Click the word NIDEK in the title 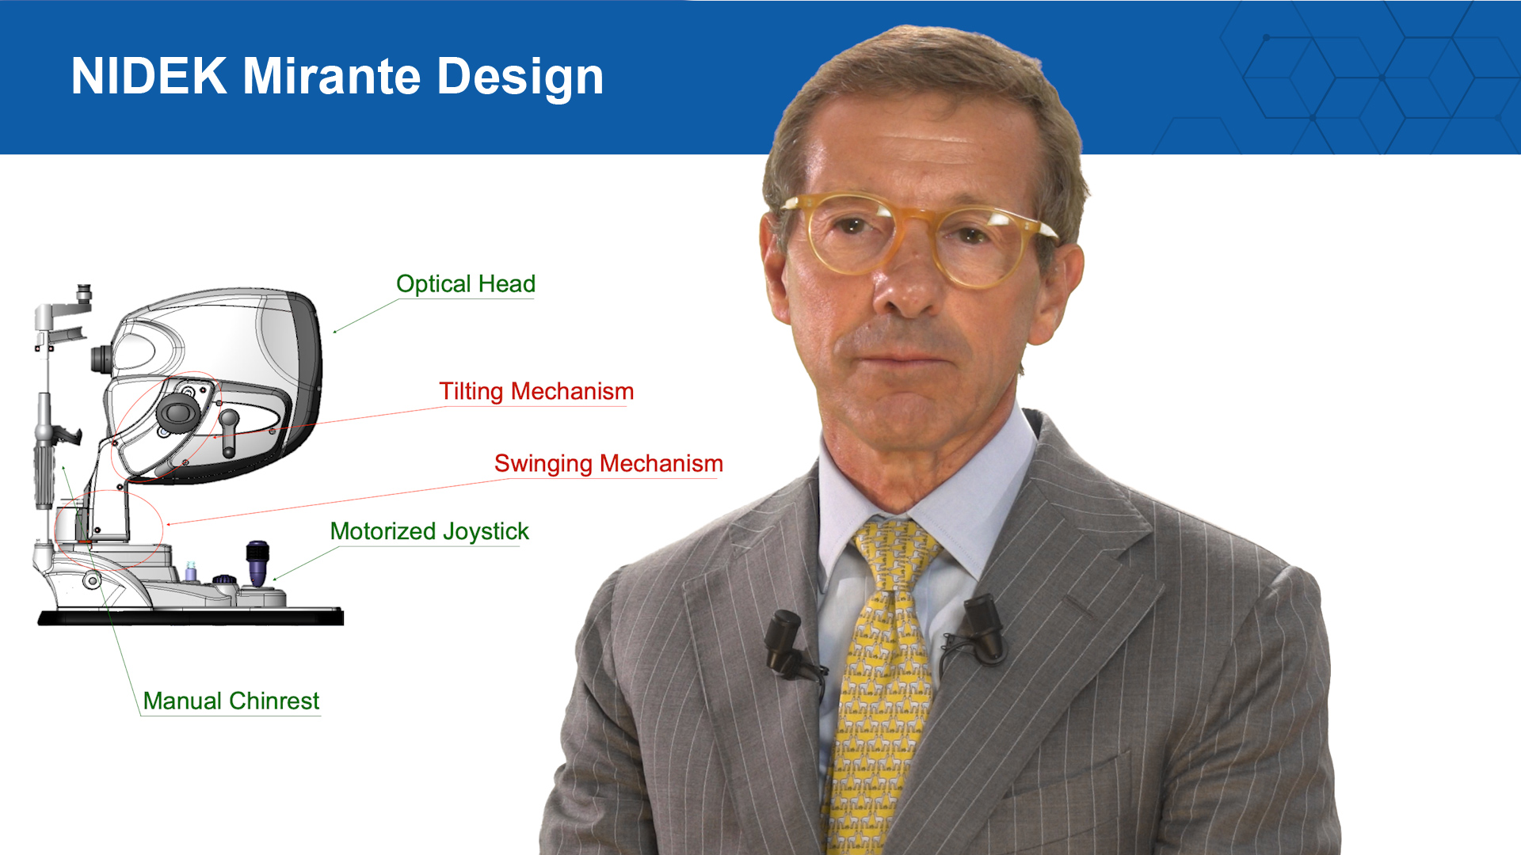[x=149, y=76]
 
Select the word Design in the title [x=520, y=78]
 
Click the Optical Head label [x=466, y=283]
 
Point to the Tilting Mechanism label [x=536, y=391]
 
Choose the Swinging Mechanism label [x=608, y=463]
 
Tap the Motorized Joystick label [x=429, y=531]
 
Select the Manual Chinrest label [x=231, y=701]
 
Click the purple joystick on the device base [x=257, y=563]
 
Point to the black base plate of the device [x=191, y=617]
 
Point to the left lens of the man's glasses [x=852, y=234]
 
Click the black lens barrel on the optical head [x=101, y=359]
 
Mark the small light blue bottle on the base [x=190, y=572]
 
